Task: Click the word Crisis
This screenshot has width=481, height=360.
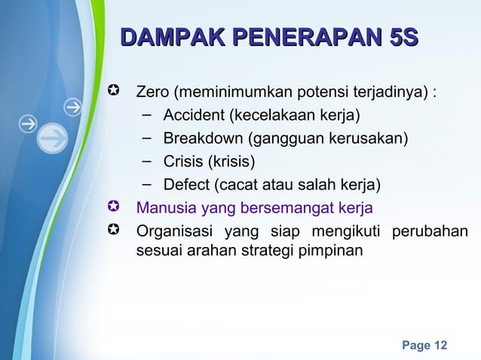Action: [x=183, y=162]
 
